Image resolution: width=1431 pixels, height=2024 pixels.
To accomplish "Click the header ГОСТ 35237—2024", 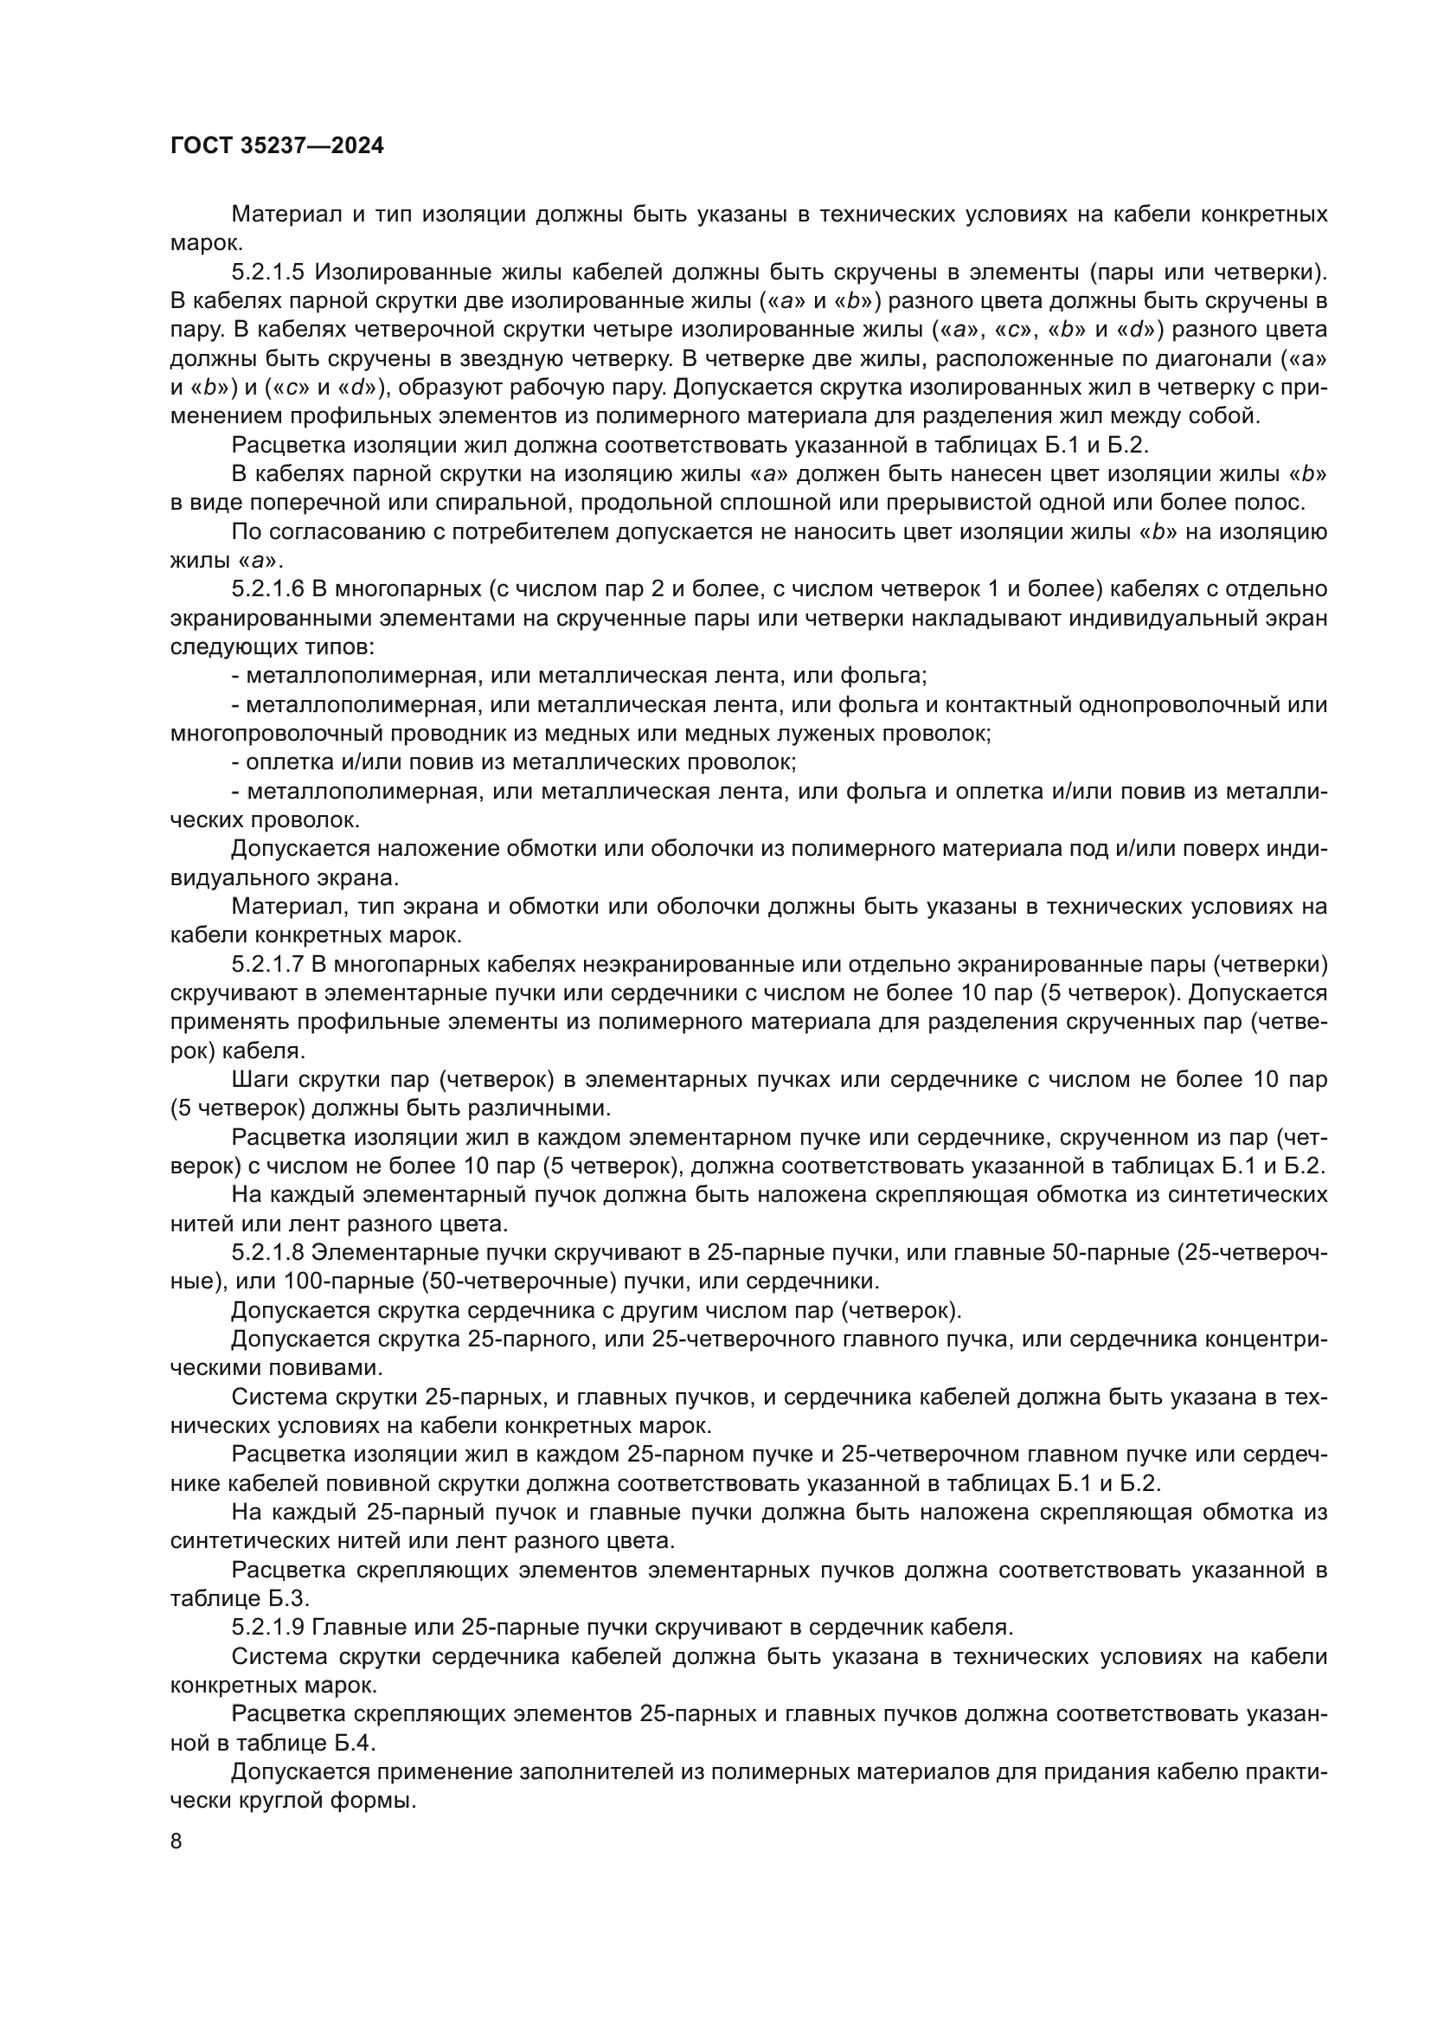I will coord(277,146).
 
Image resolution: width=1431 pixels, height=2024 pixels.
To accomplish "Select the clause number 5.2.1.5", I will coord(268,273).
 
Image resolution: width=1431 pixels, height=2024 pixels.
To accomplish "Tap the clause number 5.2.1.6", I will coord(268,589).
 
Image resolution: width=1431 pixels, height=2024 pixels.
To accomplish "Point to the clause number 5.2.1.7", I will coord(268,964).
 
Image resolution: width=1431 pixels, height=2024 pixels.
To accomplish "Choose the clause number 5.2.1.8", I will coord(268,1253).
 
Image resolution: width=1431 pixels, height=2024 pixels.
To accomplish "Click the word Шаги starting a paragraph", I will coord(260,1080).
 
